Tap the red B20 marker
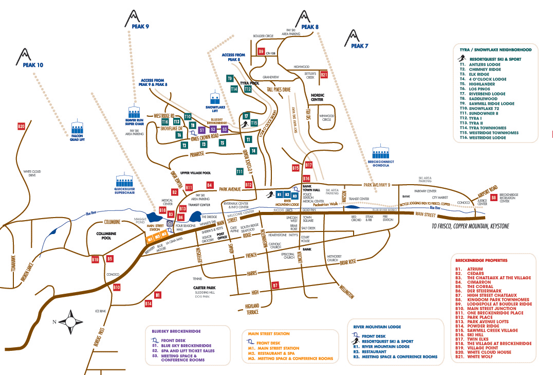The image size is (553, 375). click(21, 126)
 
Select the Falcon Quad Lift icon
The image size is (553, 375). click(78, 126)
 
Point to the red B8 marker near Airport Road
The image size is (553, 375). click(493, 197)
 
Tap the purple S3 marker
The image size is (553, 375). click(225, 130)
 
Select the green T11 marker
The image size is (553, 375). click(239, 171)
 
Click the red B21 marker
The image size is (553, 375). click(324, 75)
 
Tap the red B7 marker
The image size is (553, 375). click(275, 284)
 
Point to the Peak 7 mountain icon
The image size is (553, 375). click(353, 37)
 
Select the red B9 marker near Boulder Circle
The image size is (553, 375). click(261, 51)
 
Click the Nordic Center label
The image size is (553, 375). click(317, 97)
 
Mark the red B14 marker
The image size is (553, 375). click(148, 304)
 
